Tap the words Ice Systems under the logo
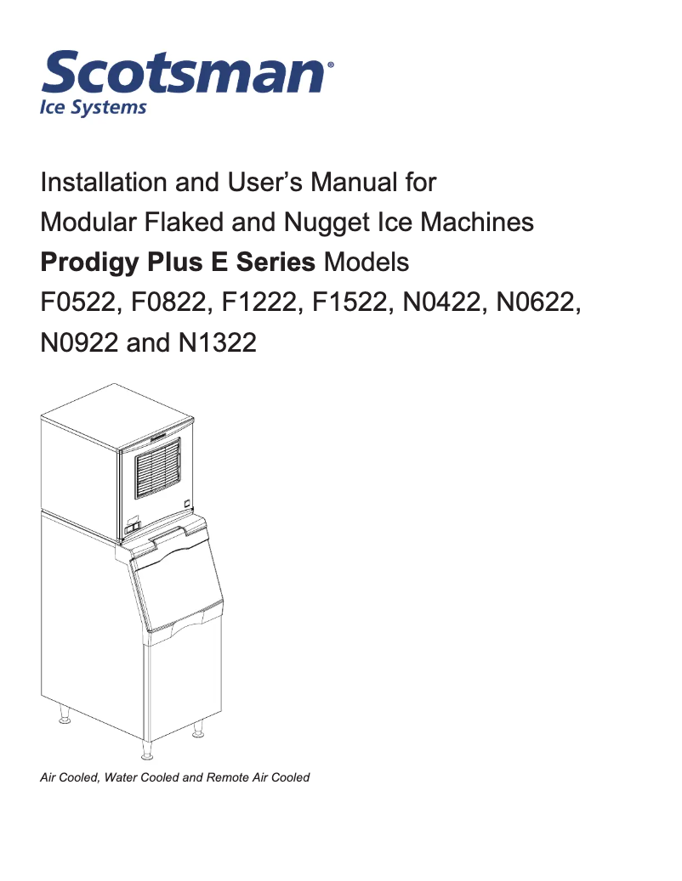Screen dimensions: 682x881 click(x=94, y=108)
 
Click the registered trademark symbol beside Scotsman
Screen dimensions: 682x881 click(x=331, y=64)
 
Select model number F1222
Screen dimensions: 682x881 click(x=256, y=302)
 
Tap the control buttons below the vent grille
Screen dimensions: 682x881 click(x=131, y=528)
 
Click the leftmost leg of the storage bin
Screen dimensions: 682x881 click(x=63, y=719)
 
